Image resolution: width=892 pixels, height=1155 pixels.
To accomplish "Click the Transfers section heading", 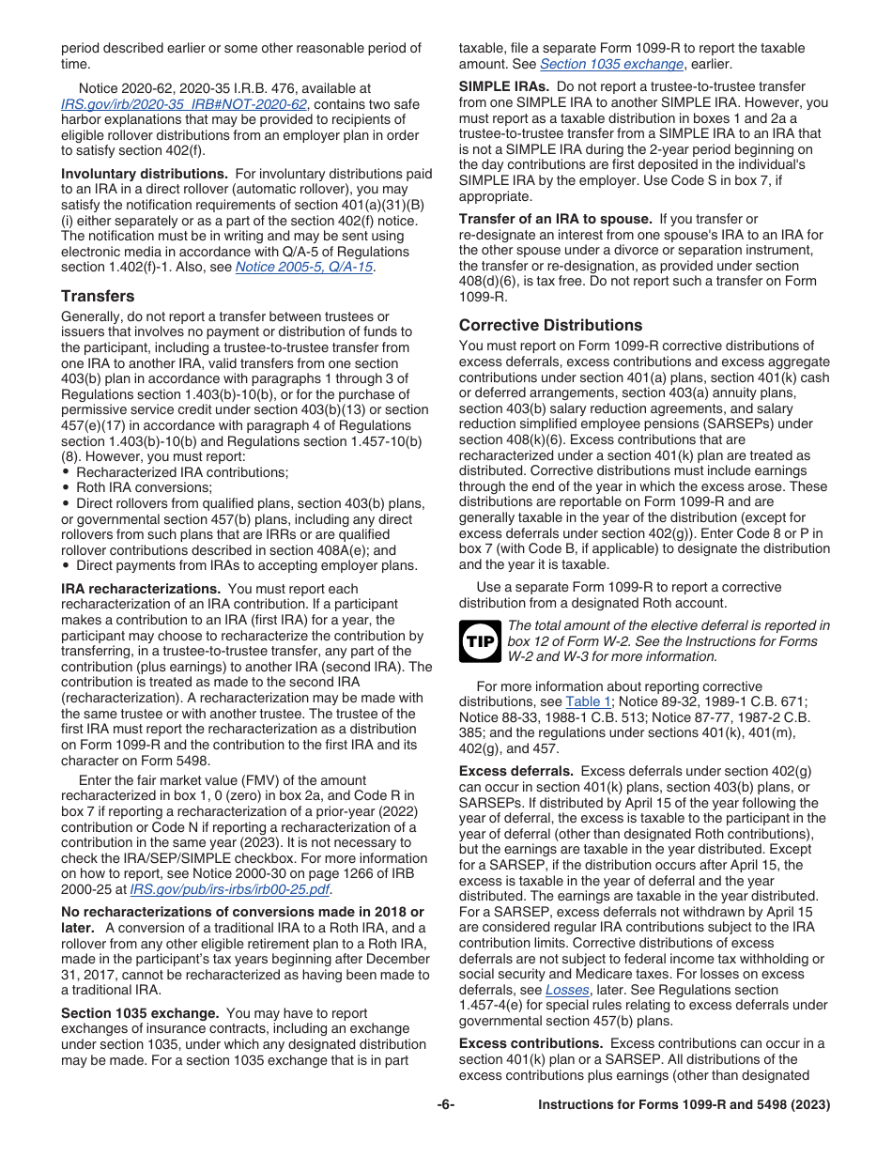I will [98, 296].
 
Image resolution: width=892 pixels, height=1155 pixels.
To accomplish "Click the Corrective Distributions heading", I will [550, 325].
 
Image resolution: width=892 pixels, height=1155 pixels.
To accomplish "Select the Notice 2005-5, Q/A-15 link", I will [303, 267].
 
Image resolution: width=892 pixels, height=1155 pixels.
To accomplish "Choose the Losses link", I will [567, 990].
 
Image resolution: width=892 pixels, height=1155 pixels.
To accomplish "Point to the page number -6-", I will [446, 1105].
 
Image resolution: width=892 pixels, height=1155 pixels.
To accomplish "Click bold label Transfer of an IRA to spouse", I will [555, 219].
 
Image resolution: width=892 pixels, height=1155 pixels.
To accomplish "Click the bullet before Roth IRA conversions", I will [66, 487].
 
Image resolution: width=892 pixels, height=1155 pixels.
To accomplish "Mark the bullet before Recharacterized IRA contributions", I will [66, 472].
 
